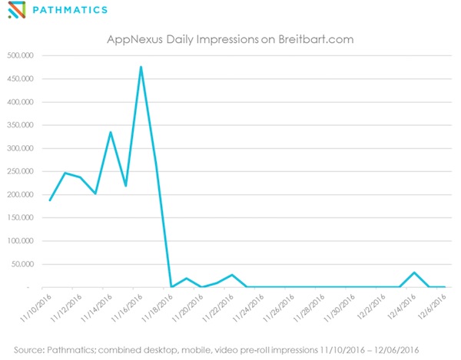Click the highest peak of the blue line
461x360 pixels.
(x=141, y=67)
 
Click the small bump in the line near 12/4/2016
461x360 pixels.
(x=414, y=272)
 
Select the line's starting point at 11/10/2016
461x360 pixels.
(x=50, y=200)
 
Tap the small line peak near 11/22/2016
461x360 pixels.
(x=231, y=275)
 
